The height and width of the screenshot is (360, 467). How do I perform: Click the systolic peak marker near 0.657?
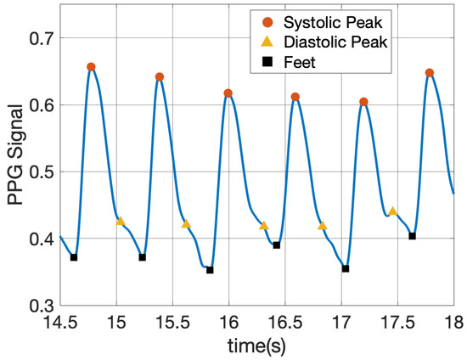[x=91, y=67]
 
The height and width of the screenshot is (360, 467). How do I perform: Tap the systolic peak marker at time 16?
[x=228, y=93]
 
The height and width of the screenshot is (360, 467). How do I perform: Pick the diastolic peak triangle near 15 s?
[x=120, y=222]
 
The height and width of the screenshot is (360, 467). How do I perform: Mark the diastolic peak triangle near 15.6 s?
[x=186, y=224]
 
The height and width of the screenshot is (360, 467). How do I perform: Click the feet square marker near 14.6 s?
[x=74, y=257]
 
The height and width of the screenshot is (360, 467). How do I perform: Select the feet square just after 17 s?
[x=346, y=268]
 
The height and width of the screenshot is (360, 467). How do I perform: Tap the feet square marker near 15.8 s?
[x=210, y=270]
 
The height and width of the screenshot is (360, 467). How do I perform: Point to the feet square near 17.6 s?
[x=412, y=236]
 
